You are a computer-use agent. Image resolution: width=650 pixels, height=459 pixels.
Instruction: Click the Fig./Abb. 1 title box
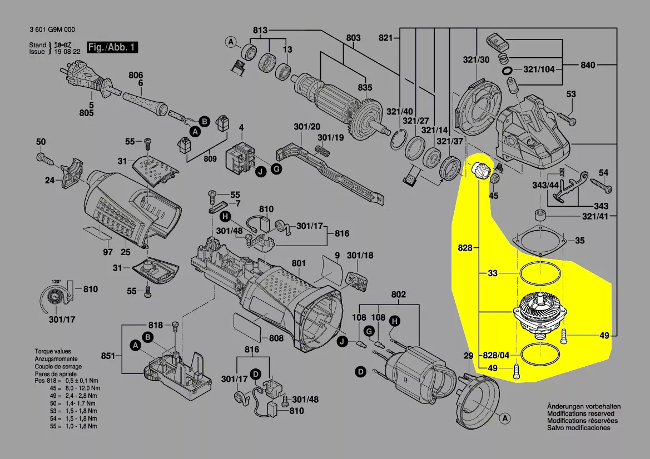(x=112, y=47)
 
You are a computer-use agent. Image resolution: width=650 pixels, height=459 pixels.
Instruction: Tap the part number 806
(x=136, y=76)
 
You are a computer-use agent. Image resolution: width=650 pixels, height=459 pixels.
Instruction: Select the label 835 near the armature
(x=365, y=88)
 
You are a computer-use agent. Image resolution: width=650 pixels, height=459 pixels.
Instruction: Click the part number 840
(x=588, y=65)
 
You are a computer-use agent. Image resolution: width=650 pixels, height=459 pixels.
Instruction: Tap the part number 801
(x=299, y=263)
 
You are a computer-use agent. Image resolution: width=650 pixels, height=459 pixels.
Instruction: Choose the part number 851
(x=108, y=356)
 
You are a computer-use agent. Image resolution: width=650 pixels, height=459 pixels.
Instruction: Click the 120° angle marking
(x=56, y=281)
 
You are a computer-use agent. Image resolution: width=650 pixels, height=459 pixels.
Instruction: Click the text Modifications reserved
(x=580, y=414)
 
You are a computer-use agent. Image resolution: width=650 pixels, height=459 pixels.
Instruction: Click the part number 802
(x=399, y=295)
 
